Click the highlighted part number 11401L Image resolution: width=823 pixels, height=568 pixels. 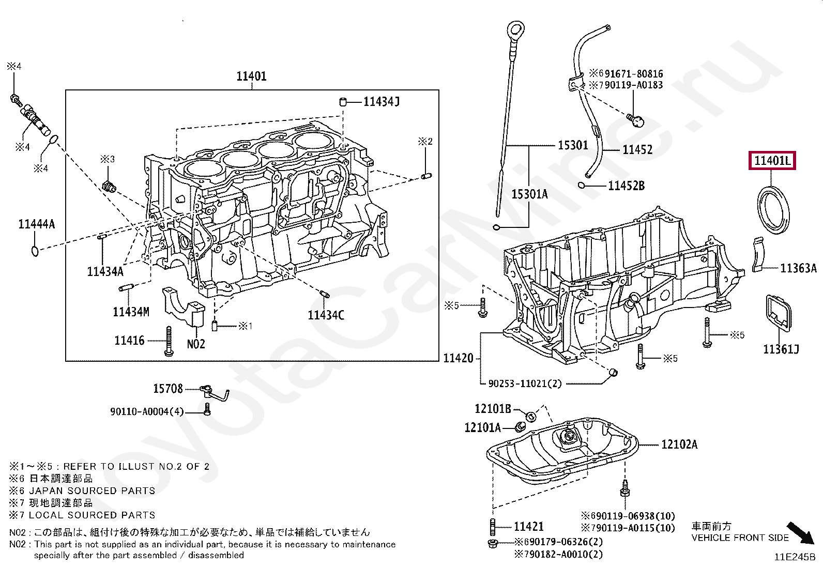[772, 161]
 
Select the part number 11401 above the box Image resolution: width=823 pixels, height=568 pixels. [251, 76]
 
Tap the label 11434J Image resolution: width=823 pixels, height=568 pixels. [381, 101]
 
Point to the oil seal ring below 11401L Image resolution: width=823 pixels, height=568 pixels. [773, 212]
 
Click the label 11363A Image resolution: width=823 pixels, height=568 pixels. [798, 268]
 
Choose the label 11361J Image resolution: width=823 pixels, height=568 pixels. [781, 349]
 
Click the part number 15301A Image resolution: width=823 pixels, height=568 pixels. [529, 194]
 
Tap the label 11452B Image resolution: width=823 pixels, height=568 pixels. [626, 186]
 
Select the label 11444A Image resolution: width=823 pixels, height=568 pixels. [36, 224]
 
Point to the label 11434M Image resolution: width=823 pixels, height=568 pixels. [131, 312]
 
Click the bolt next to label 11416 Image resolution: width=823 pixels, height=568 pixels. [168, 341]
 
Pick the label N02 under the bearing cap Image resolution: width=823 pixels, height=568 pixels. [195, 344]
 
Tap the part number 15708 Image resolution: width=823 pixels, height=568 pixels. [168, 388]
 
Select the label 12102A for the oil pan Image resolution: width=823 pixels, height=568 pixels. [679, 444]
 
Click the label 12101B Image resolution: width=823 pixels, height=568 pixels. [493, 409]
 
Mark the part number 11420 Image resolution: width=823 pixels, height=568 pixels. [458, 358]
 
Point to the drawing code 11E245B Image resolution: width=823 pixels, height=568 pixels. [794, 557]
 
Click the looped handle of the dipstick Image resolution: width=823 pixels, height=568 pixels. [515, 28]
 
